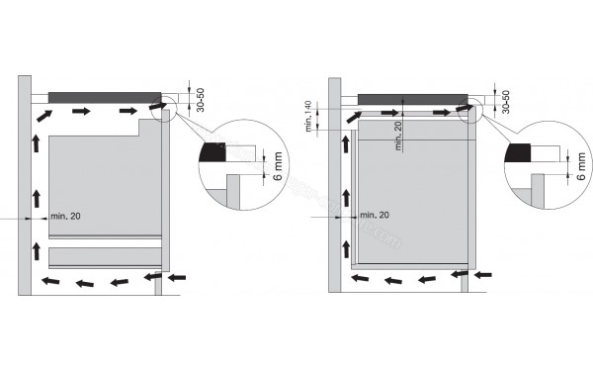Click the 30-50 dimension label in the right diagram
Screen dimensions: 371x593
(x=507, y=102)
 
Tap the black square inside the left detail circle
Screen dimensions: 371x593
(x=211, y=151)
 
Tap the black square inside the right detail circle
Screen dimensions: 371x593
(x=517, y=151)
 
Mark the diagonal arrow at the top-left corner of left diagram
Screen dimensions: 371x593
(x=42, y=116)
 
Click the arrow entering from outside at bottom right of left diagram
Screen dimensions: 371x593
(x=177, y=280)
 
